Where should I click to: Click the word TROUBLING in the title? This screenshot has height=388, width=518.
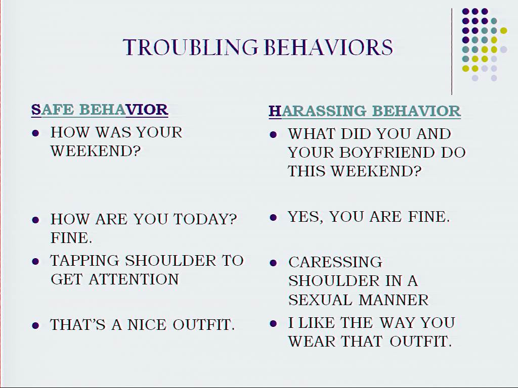click(191, 47)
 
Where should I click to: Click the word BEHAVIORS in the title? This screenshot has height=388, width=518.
click(329, 47)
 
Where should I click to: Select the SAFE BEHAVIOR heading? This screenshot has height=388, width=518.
click(100, 110)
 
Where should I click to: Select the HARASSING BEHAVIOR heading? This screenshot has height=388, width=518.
click(365, 111)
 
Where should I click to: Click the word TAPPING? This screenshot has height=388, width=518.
click(84, 261)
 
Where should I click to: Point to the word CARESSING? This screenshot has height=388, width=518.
click(335, 262)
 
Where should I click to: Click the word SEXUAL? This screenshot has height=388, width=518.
click(320, 300)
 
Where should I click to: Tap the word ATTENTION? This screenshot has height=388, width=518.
click(134, 279)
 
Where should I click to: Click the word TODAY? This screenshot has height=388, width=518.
click(205, 219)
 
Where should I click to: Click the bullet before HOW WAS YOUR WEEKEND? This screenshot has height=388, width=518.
click(35, 133)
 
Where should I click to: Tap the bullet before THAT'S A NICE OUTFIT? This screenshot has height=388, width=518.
click(35, 326)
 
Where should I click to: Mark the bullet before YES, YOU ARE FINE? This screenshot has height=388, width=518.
click(273, 217)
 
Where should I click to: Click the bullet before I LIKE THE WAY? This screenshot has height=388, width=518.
click(273, 323)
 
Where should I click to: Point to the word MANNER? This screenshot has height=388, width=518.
click(394, 300)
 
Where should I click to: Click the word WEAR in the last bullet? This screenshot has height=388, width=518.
click(312, 341)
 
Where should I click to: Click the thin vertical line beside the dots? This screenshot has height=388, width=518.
click(452, 52)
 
